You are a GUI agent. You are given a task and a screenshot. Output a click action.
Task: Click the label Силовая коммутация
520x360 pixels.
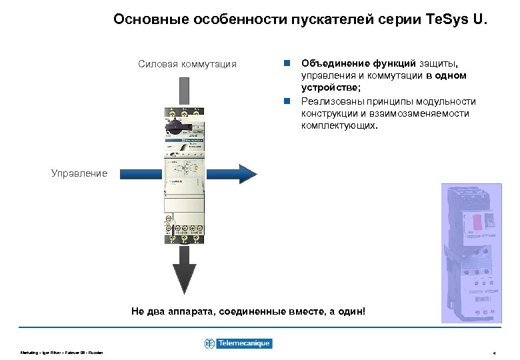tap(187, 64)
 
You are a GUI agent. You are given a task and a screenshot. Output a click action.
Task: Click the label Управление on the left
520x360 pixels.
tap(79, 173)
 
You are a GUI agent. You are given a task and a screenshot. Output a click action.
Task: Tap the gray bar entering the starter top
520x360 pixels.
tap(183, 90)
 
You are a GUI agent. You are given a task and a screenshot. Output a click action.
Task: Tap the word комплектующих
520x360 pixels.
tap(339, 125)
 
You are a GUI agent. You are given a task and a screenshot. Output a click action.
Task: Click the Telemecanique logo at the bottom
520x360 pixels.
tap(238, 343)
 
